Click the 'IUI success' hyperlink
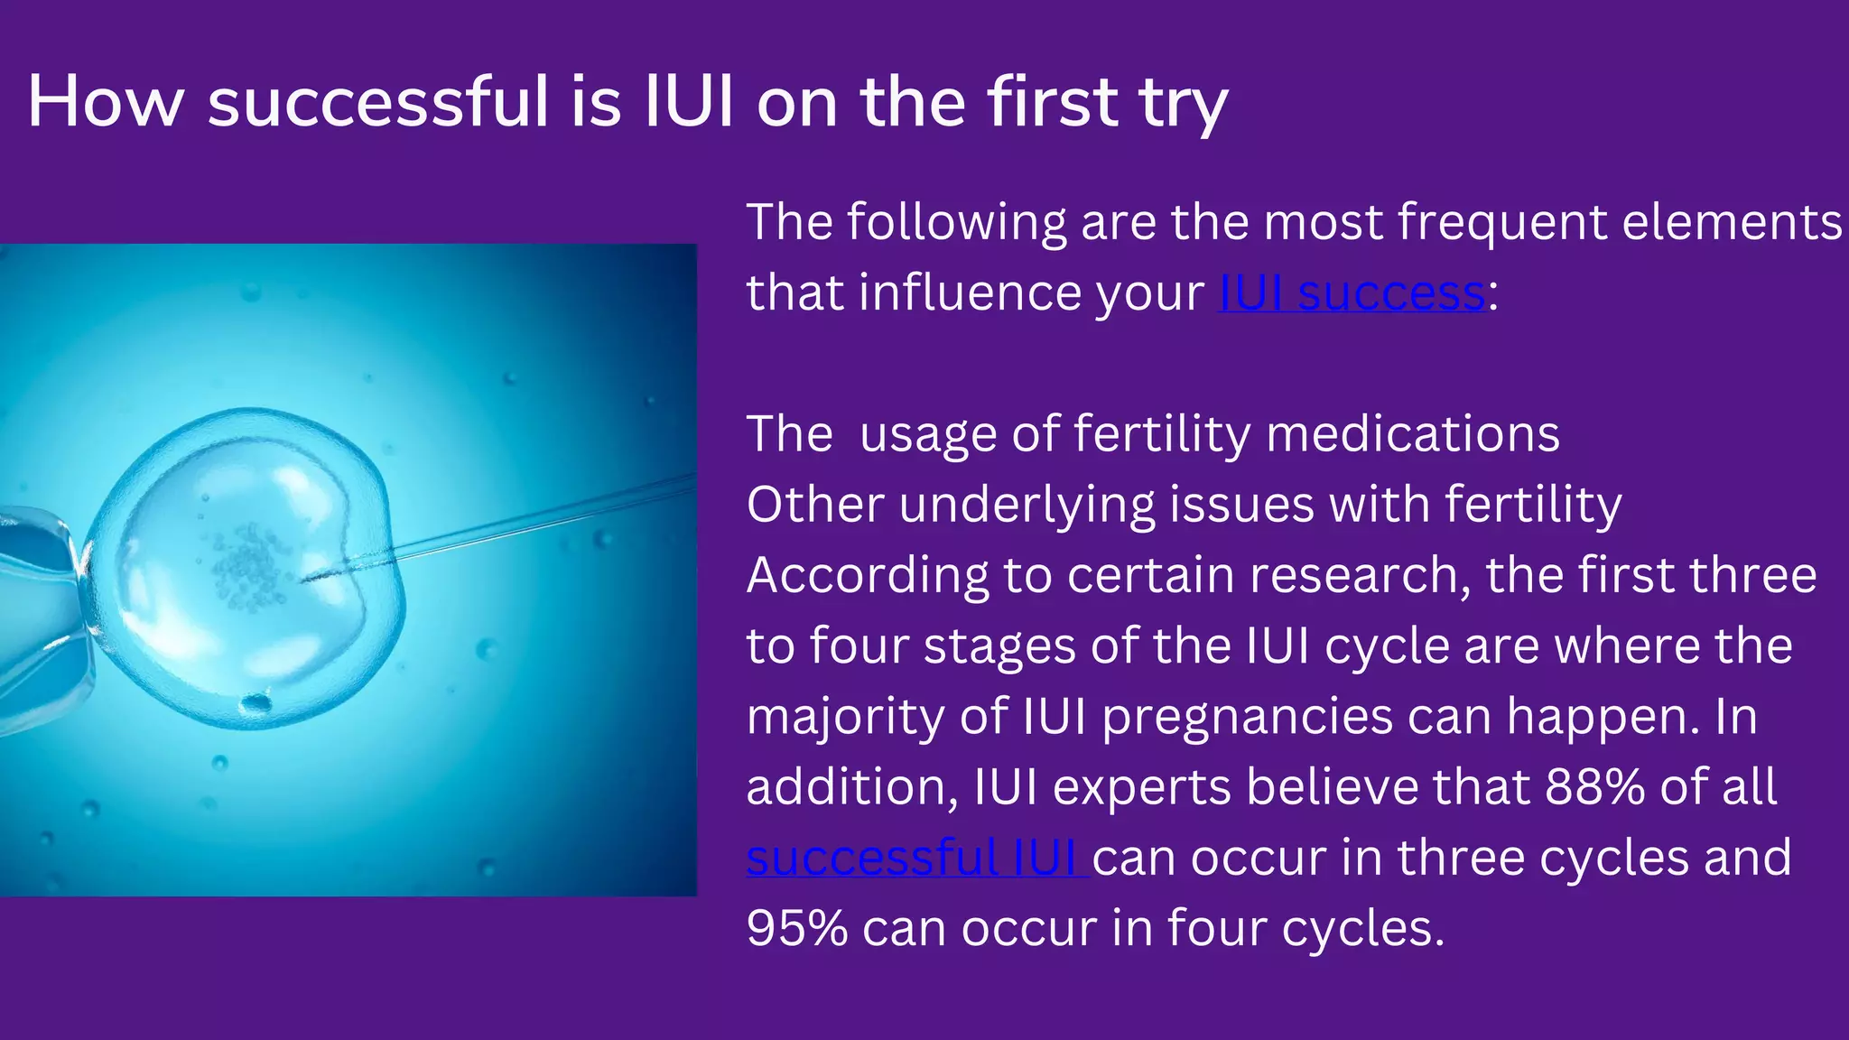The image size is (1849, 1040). [1352, 293]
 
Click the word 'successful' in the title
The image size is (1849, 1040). [378, 101]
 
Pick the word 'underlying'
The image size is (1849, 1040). [1027, 506]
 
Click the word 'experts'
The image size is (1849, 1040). [1142, 787]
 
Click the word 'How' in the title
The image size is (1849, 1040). [106, 101]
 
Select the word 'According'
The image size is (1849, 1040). [867, 576]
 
